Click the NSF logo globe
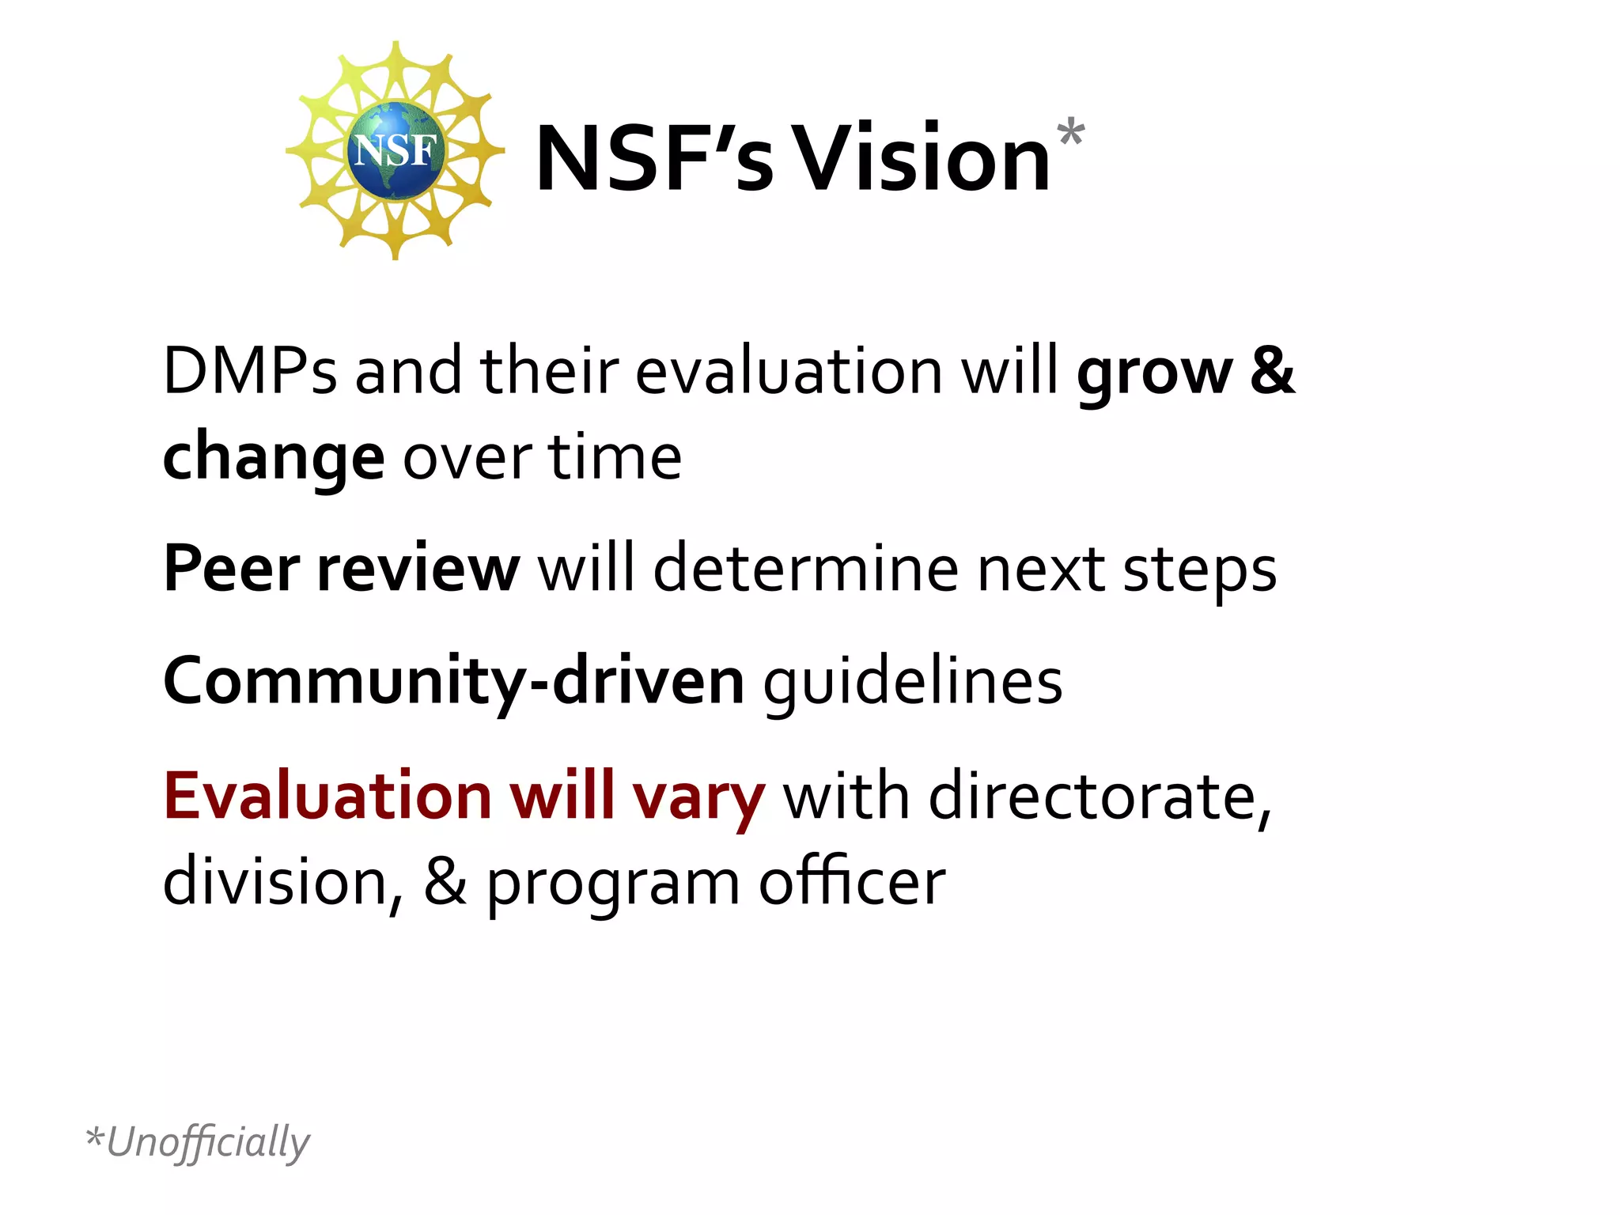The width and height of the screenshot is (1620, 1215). [393, 150]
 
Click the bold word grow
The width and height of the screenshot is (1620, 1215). [1153, 372]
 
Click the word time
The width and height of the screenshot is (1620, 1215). [615, 457]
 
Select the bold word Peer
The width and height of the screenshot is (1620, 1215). [231, 568]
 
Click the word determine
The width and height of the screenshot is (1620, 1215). [805, 568]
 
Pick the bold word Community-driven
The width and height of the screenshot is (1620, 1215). [453, 680]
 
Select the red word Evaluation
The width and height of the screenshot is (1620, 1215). [327, 795]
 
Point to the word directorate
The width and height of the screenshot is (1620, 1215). [1100, 796]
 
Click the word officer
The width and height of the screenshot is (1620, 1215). [852, 881]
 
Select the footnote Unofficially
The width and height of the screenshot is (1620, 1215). [207, 1141]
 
